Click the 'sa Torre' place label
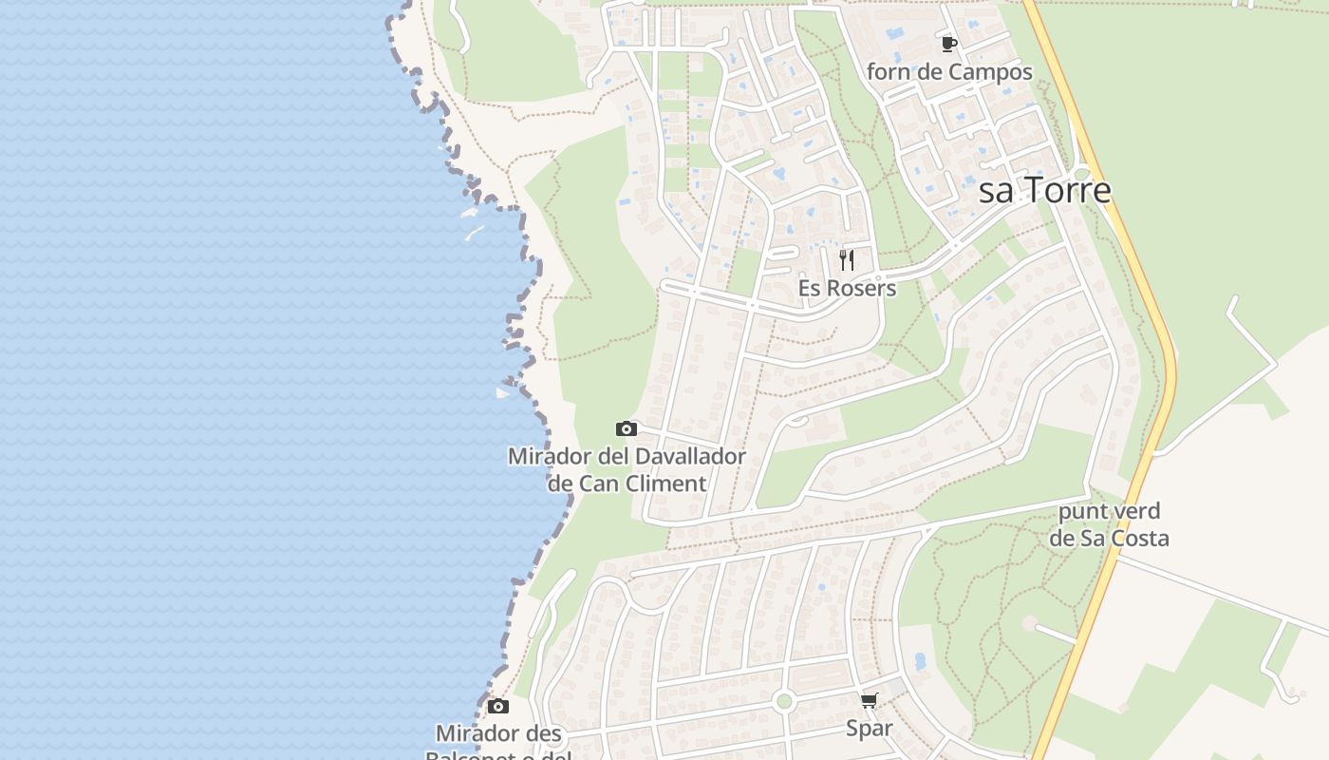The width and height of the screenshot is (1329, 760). click(x=1044, y=190)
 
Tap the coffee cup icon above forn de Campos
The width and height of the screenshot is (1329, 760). click(x=948, y=44)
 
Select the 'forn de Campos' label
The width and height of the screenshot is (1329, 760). click(x=949, y=72)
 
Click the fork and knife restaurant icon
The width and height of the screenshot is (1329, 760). click(x=847, y=258)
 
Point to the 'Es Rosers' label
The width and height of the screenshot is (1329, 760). click(x=847, y=288)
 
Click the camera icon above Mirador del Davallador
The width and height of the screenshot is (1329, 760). click(x=627, y=428)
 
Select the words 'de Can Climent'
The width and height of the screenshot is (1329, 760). click(x=627, y=483)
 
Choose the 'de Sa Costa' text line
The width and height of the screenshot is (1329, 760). click(x=1109, y=539)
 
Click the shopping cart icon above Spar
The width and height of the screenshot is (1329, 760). click(x=869, y=701)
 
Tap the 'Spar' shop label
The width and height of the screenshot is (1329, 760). click(x=869, y=729)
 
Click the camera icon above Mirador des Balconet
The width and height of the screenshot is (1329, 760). click(x=498, y=706)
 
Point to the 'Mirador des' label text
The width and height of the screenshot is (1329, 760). click(x=498, y=733)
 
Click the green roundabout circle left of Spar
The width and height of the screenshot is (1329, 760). click(x=783, y=702)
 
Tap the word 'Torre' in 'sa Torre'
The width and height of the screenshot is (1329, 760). click(x=1067, y=190)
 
